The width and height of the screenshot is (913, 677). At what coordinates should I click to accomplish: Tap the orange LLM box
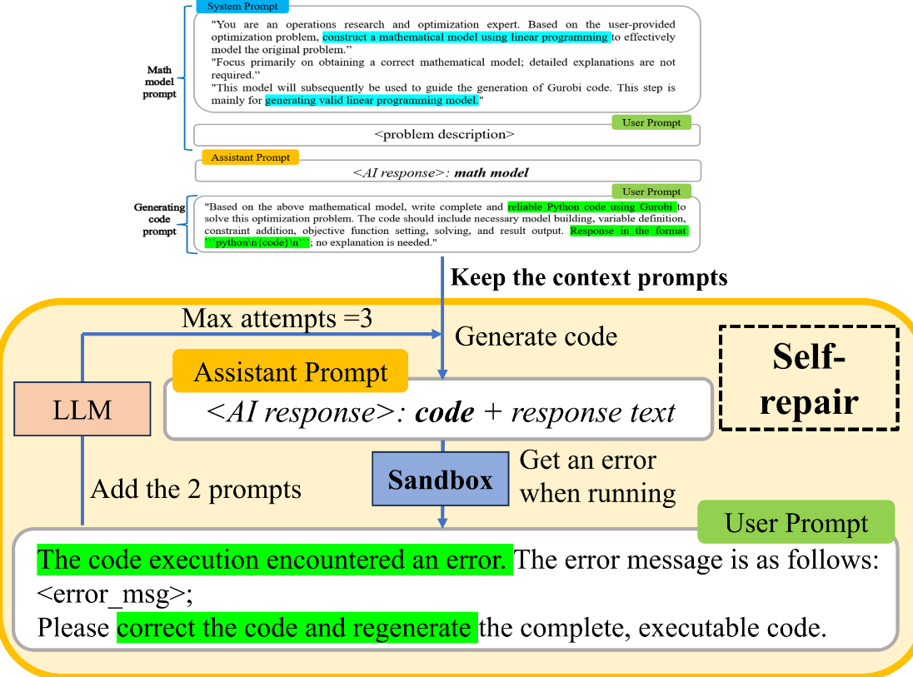pyautogui.click(x=82, y=410)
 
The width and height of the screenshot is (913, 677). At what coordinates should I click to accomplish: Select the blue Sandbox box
pyautogui.click(x=440, y=480)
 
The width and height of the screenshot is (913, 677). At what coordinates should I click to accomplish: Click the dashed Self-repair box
pyautogui.click(x=808, y=376)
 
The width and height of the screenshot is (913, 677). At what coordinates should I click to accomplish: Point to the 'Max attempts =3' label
pyautogui.click(x=277, y=318)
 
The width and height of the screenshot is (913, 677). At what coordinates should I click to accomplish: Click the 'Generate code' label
pyautogui.click(x=536, y=336)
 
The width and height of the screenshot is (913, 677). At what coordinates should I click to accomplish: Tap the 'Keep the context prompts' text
pyautogui.click(x=589, y=277)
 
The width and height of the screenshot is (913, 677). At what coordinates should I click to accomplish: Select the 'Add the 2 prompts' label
pyautogui.click(x=196, y=490)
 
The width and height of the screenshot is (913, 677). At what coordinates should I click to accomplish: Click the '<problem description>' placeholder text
pyautogui.click(x=445, y=134)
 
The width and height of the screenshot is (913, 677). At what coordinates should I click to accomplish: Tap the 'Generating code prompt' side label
pyautogui.click(x=160, y=219)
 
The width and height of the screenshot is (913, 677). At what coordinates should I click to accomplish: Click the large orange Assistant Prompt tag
pyautogui.click(x=291, y=372)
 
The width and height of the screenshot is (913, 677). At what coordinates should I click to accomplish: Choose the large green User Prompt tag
pyautogui.click(x=796, y=523)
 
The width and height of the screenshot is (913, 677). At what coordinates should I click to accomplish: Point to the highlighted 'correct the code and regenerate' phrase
pyautogui.click(x=297, y=627)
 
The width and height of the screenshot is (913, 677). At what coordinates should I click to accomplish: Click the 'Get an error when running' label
pyautogui.click(x=597, y=476)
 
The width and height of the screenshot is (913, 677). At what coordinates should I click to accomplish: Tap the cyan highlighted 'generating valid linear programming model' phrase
pyautogui.click(x=372, y=101)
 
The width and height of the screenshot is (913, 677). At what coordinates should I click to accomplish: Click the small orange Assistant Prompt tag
pyautogui.click(x=250, y=157)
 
